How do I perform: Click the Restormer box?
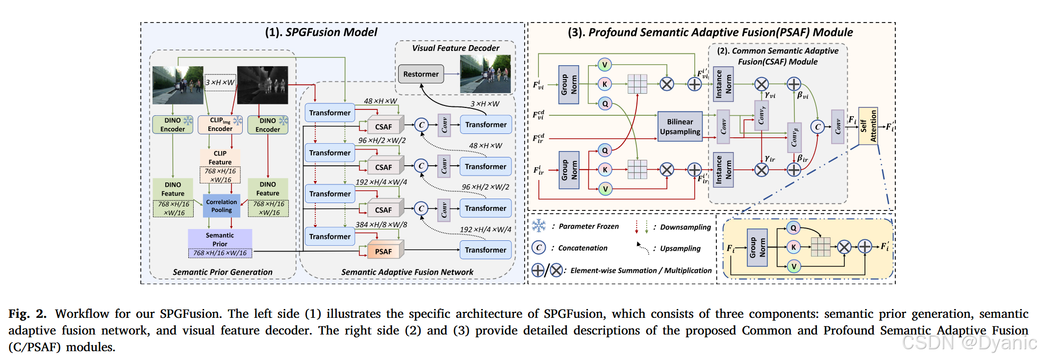[x=421, y=74]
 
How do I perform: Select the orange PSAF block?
[x=383, y=251]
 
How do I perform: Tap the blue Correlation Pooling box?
[x=222, y=206]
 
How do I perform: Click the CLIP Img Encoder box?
[x=220, y=125]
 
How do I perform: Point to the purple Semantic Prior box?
[x=220, y=243]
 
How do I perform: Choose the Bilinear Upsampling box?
[x=680, y=127]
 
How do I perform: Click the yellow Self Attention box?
[x=868, y=126]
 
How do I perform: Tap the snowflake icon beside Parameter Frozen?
[x=539, y=226]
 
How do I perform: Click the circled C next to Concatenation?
[x=539, y=248]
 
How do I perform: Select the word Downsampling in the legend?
[x=685, y=227]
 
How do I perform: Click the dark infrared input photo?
[x=262, y=85]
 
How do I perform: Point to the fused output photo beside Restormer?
[x=485, y=74]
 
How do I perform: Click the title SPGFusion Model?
[x=321, y=32]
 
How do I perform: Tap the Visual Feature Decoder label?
[x=456, y=48]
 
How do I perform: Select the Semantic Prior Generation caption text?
[x=223, y=272]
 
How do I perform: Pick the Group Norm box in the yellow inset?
[x=758, y=248]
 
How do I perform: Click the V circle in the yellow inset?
[x=793, y=266]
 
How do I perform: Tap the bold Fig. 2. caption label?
[x=27, y=314]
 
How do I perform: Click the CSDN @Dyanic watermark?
[x=969, y=342]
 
